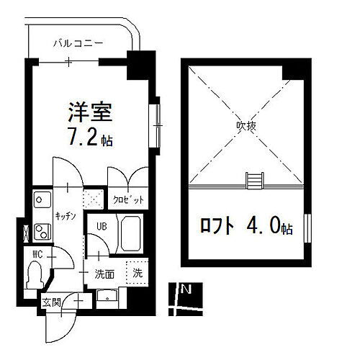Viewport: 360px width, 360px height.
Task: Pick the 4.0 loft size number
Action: point(264,228)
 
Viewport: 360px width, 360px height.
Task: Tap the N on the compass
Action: point(186,290)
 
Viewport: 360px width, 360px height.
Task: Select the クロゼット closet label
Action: point(128,199)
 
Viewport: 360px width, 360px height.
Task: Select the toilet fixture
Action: point(34,274)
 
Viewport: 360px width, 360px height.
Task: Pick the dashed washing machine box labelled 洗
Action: point(135,273)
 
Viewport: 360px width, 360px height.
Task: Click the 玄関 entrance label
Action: point(50,302)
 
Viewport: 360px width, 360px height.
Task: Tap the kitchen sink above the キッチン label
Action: point(40,198)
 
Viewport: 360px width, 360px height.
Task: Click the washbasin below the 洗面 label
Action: point(109,296)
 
